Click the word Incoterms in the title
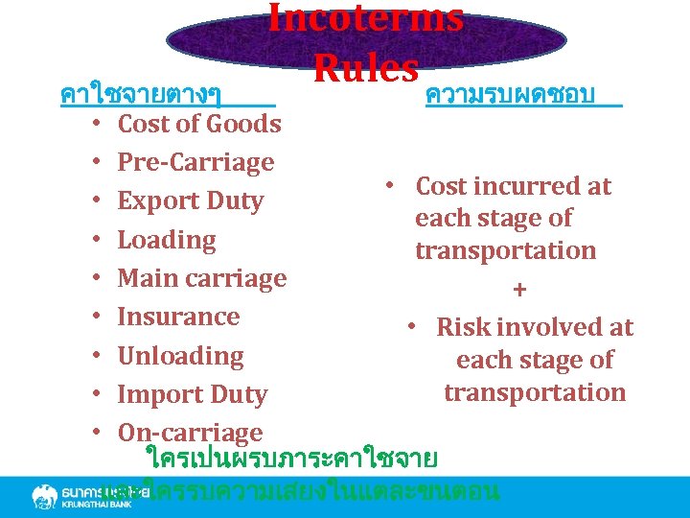click(x=365, y=18)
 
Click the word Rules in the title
click(x=365, y=67)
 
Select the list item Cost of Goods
click(x=199, y=124)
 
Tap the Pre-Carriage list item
click(x=195, y=162)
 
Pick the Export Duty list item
click(x=190, y=201)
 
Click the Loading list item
click(x=167, y=240)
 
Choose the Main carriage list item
click(x=202, y=278)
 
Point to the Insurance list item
click(x=178, y=317)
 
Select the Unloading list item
click(x=180, y=356)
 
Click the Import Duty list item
click(x=192, y=394)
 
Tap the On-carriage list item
click(x=190, y=433)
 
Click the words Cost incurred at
click(x=513, y=186)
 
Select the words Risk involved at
click(x=535, y=327)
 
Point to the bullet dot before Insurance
click(x=98, y=318)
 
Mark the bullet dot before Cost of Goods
click(x=98, y=125)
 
